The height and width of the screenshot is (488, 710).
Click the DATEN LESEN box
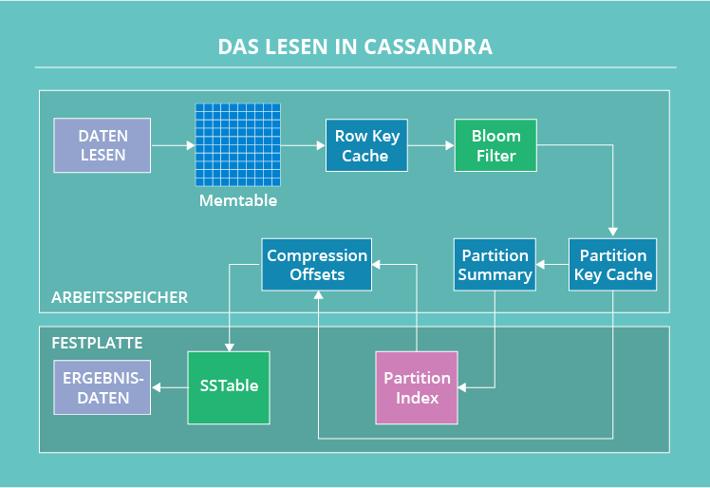click(103, 145)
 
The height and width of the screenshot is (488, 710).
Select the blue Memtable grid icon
click(239, 145)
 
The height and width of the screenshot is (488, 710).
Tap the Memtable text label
click(238, 201)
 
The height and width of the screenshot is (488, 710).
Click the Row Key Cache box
click(365, 145)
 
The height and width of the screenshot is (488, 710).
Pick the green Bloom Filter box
click(495, 145)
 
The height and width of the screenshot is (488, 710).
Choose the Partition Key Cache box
click(612, 265)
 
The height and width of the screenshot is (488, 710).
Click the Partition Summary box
click(495, 265)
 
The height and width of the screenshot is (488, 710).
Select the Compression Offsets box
click(316, 265)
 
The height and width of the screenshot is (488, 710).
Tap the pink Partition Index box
click(417, 387)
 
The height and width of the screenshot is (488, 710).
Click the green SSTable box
click(229, 387)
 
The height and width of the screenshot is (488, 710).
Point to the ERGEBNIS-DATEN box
click(103, 387)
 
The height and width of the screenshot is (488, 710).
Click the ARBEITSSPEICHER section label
click(120, 298)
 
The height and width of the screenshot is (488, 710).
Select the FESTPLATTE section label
click(98, 342)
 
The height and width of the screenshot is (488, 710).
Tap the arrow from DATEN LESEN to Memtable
click(173, 145)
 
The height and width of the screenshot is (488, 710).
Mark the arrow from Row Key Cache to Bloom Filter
click(431, 145)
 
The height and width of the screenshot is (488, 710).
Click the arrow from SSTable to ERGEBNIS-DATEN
click(170, 387)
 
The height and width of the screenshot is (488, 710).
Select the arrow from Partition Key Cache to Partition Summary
click(552, 265)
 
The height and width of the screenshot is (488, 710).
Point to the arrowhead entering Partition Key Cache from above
click(612, 232)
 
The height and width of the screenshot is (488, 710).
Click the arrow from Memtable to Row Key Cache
click(304, 145)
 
